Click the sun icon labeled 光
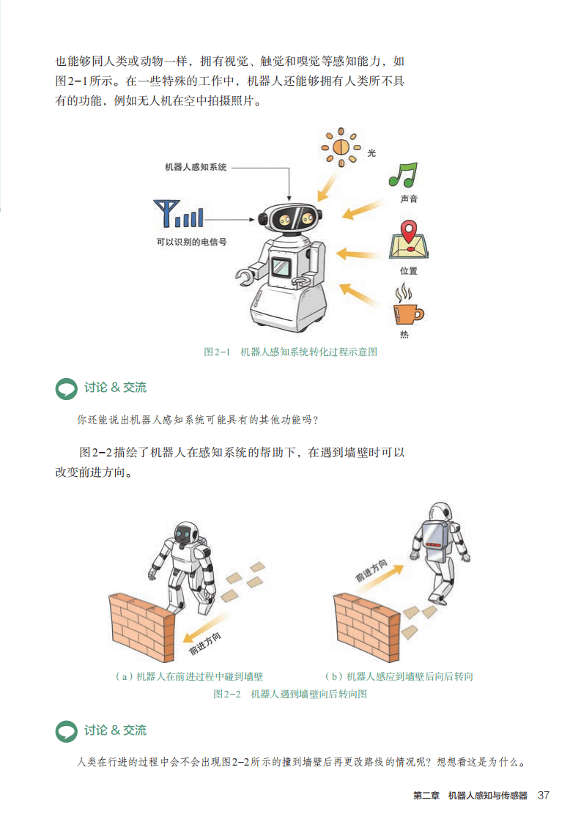341,147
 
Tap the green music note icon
403,175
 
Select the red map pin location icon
409,240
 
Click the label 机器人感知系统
196,167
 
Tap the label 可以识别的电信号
191,242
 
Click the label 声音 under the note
409,199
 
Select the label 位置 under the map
409,271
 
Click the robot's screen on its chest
281,267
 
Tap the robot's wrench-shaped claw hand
245,276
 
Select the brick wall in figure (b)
366,626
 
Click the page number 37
543,796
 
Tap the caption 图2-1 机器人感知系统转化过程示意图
290,352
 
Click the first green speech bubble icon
66,388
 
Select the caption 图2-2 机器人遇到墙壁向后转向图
290,694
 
